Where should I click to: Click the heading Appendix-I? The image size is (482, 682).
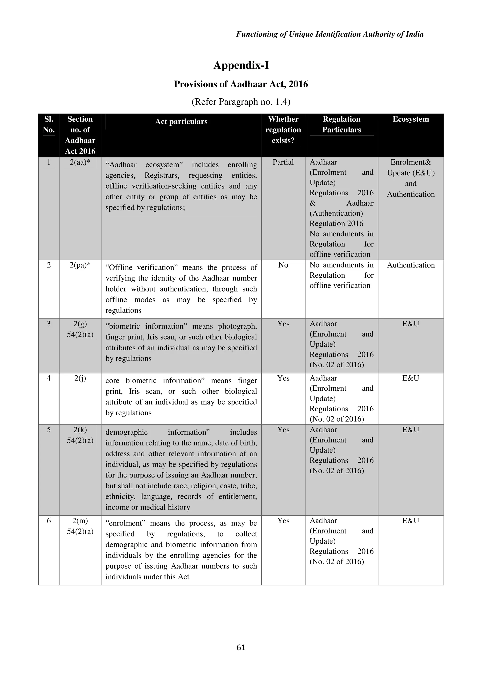[241, 65]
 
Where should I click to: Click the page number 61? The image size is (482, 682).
[241, 647]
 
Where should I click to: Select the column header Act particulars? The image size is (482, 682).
[181, 121]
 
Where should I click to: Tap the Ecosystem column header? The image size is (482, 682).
[410, 119]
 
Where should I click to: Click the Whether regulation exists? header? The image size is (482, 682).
[283, 130]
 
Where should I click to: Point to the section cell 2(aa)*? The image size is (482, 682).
[80, 162]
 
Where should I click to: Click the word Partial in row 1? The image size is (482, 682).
[283, 162]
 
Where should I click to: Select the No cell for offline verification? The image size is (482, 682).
[283, 265]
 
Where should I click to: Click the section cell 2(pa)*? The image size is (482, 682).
[80, 265]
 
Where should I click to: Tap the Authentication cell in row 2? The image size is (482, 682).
[410, 265]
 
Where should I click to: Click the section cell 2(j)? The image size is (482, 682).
[80, 378]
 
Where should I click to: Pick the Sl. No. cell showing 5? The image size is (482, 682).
[49, 430]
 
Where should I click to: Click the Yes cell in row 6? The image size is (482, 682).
[283, 521]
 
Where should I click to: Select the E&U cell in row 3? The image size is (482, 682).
[410, 324]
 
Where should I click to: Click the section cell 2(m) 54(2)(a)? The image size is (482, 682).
[80, 526]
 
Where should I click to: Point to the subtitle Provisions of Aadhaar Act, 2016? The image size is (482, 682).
[241, 84]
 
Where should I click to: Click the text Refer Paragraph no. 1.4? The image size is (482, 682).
[241, 102]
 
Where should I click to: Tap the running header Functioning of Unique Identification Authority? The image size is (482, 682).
[330, 34]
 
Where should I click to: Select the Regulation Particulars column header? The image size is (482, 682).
[341, 124]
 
